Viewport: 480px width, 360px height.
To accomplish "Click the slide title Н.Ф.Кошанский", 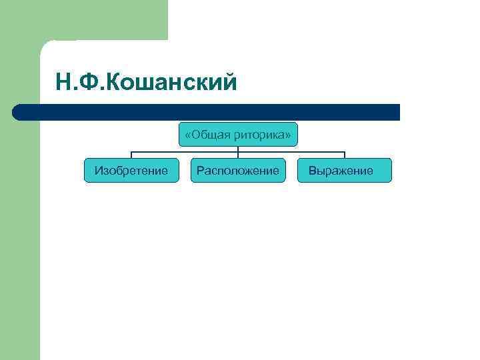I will (x=147, y=83).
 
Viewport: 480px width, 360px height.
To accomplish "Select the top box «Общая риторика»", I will (x=238, y=135).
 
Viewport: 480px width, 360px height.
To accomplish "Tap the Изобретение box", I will (x=131, y=171).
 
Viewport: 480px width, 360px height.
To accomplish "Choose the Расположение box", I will (x=238, y=171).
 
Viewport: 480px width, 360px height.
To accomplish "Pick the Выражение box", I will (x=345, y=171).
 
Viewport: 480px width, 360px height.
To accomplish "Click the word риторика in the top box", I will (x=261, y=135).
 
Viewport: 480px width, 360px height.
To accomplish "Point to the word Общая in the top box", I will (x=211, y=135).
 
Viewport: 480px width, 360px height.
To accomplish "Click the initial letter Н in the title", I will (x=63, y=83).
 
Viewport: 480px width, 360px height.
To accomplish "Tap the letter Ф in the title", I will (x=87, y=83).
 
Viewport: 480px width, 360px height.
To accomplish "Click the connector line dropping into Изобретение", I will (x=131, y=155).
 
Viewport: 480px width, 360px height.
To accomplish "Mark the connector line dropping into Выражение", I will (x=345, y=155).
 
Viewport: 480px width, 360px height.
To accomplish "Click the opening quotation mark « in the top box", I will (x=187, y=136).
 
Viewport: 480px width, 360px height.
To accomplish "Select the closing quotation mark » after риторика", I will (x=288, y=136).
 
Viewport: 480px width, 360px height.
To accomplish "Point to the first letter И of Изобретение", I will (x=98, y=171).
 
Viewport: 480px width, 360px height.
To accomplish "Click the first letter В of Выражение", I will (x=311, y=171).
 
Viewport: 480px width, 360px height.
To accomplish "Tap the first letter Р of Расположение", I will (x=199, y=171).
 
